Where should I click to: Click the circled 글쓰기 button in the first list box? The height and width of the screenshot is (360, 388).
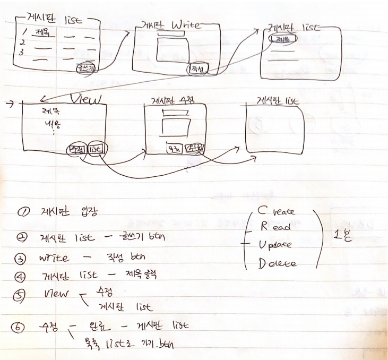(x=86, y=68)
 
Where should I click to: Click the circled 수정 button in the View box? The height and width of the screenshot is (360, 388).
(x=75, y=151)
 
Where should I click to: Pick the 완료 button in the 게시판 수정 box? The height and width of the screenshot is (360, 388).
(x=195, y=149)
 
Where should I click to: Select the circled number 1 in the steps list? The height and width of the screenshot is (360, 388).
(x=23, y=211)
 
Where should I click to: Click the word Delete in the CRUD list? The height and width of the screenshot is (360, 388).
(x=277, y=262)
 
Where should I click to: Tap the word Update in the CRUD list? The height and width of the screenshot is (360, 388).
(x=277, y=245)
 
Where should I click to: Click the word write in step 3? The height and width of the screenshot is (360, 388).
(x=54, y=259)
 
